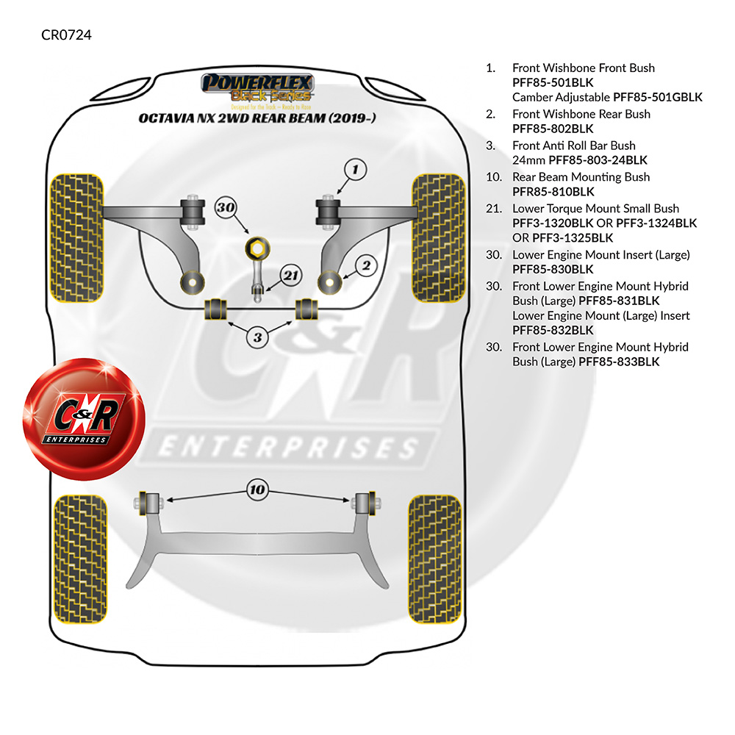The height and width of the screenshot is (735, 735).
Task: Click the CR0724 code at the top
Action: (x=67, y=35)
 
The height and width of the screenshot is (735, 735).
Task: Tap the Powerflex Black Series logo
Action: (x=258, y=87)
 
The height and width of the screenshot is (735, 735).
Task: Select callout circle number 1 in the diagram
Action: (x=354, y=171)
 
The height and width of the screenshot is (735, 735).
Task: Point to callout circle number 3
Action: (x=257, y=338)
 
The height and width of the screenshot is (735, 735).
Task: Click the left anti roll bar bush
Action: (x=216, y=309)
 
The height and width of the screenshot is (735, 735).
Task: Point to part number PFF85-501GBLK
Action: (x=658, y=97)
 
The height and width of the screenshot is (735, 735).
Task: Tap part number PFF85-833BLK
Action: (x=619, y=362)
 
